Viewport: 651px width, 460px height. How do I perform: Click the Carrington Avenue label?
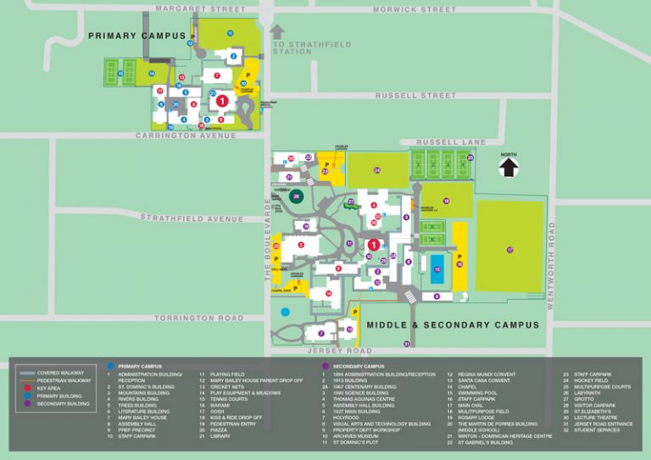pyautogui.click(x=186, y=136)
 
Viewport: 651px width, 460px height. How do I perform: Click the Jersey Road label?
pyautogui.click(x=339, y=350)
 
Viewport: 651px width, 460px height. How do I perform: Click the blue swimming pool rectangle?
pyautogui.click(x=437, y=269)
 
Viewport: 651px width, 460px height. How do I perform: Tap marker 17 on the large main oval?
pyautogui.click(x=509, y=250)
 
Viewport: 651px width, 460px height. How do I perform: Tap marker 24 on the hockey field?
pyautogui.click(x=377, y=170)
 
